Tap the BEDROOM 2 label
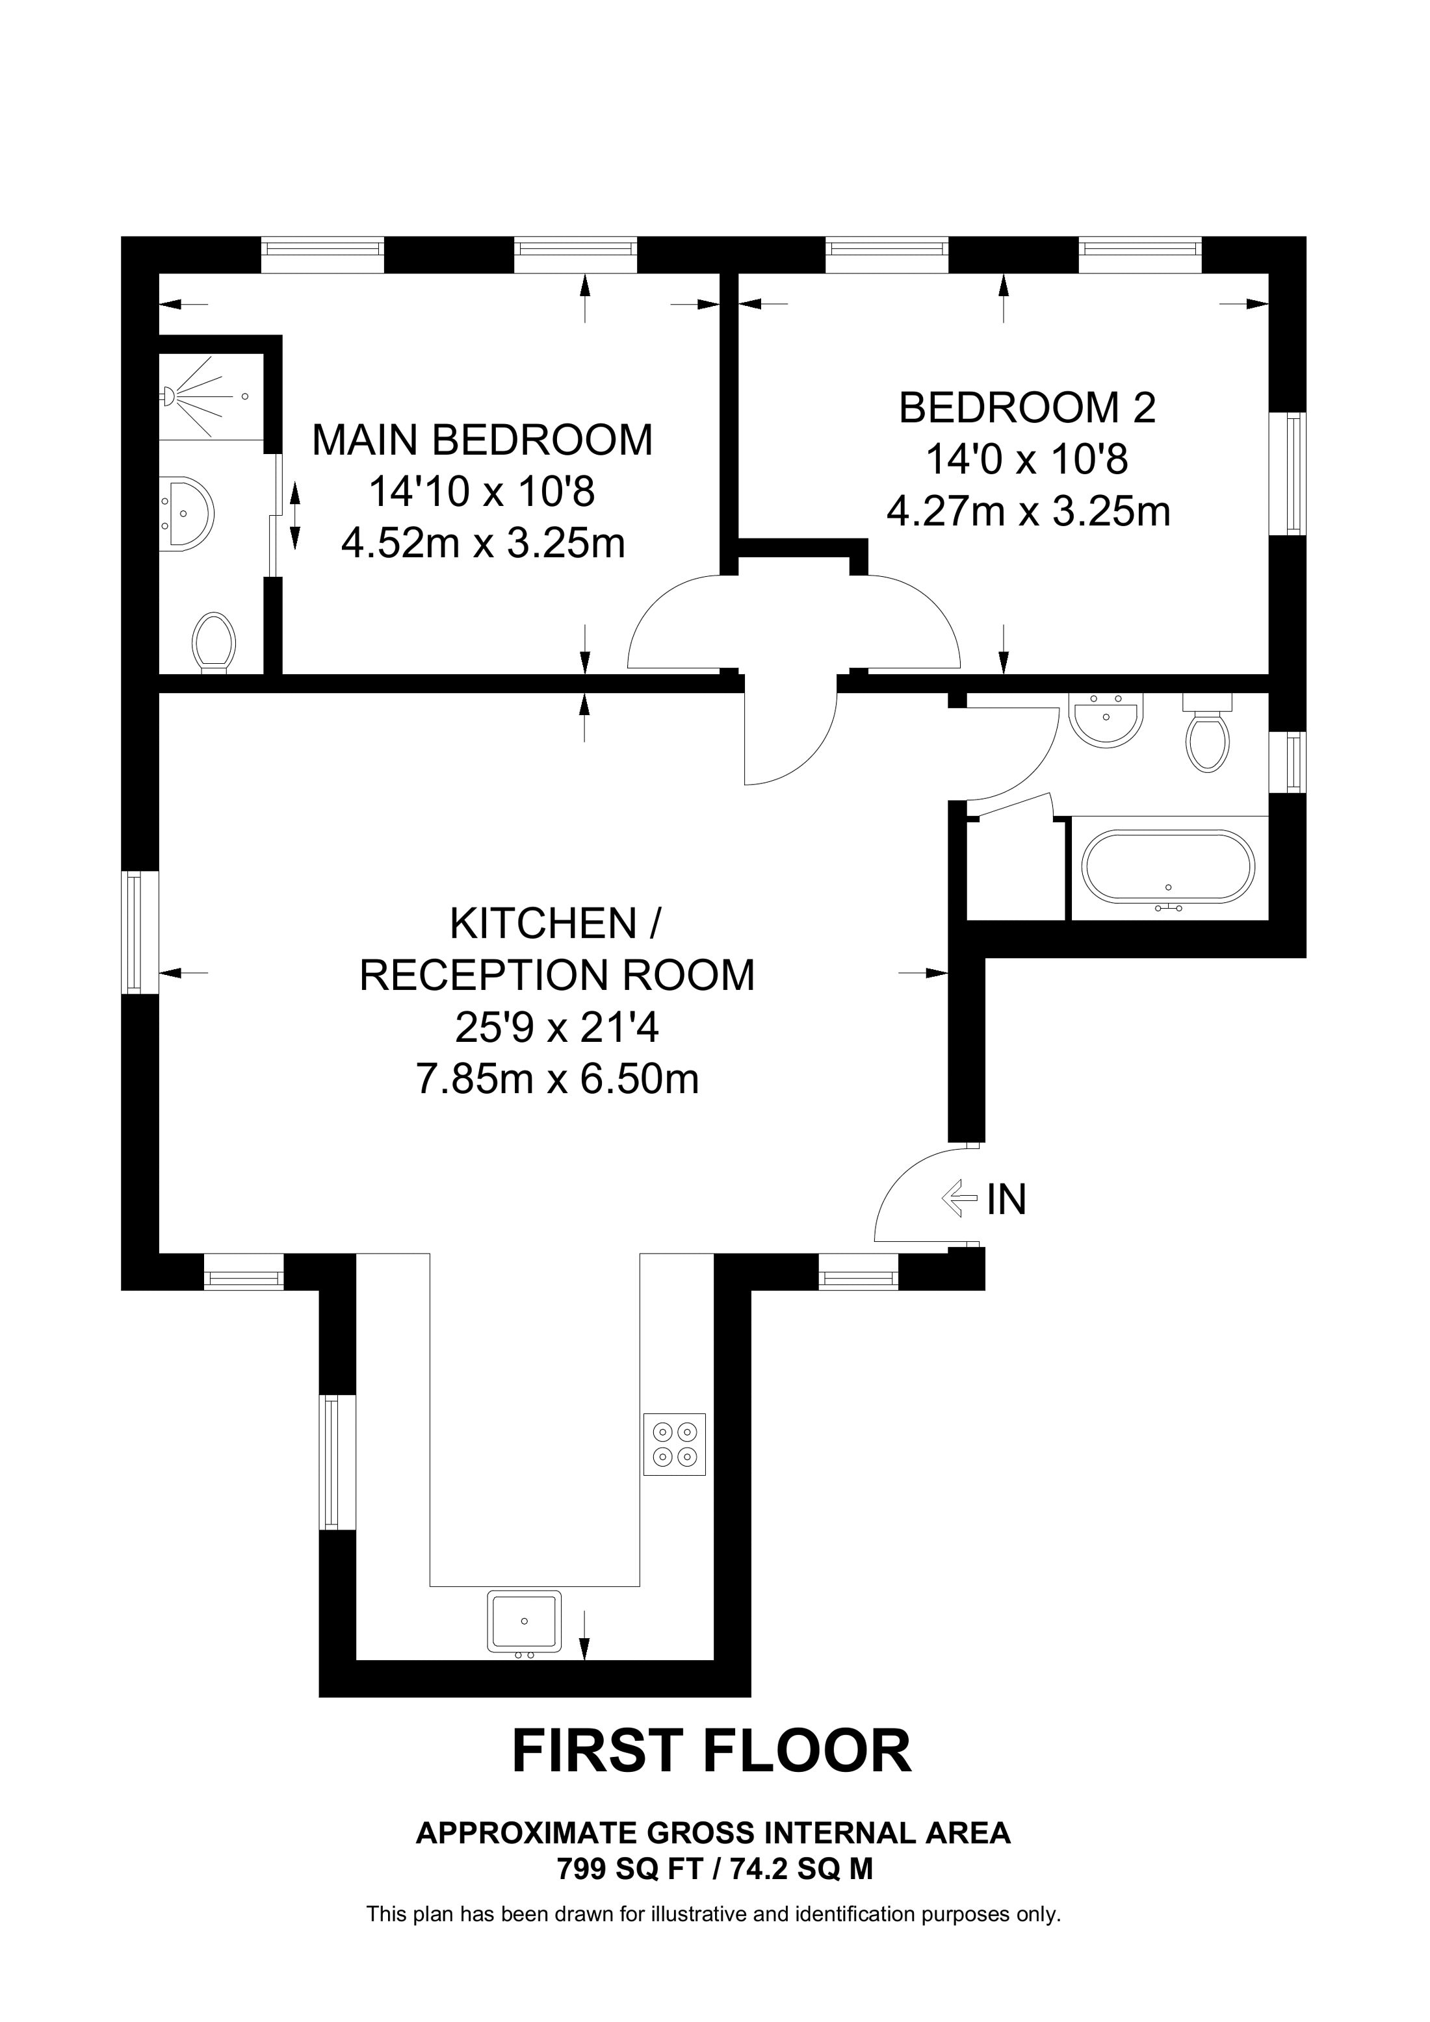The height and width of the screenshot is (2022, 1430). (x=1028, y=408)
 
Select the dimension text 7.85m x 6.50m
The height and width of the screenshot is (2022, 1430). (x=557, y=1079)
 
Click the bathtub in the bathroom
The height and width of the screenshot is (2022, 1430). (x=1168, y=866)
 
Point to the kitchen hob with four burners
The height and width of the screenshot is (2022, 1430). (x=674, y=1445)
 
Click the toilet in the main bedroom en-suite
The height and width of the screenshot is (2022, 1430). (x=214, y=642)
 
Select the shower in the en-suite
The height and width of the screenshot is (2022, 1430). (x=211, y=396)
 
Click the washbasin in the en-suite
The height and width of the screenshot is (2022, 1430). (x=187, y=514)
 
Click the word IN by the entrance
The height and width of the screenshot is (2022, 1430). (x=1006, y=1198)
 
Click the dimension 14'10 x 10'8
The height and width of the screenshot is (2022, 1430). (x=482, y=492)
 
